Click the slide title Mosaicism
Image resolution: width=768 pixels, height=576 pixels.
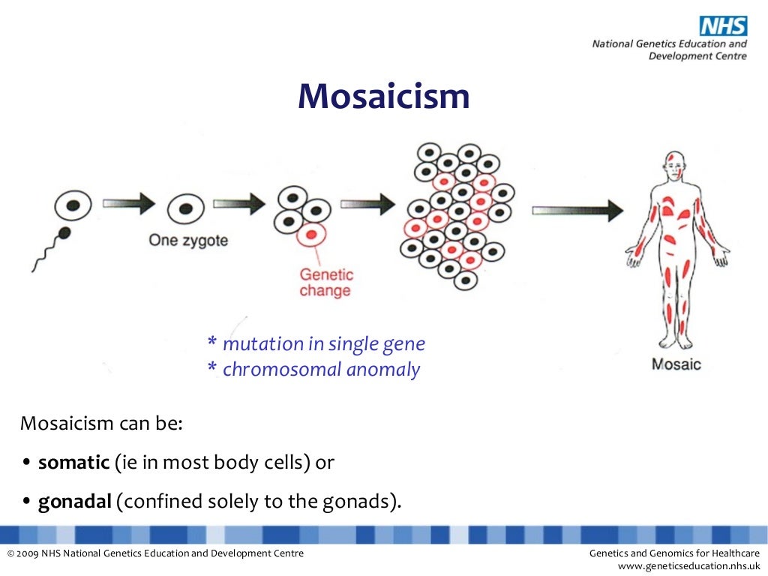(383, 96)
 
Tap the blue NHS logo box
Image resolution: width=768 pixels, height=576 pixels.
(723, 26)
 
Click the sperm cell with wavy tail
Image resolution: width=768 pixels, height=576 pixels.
(64, 233)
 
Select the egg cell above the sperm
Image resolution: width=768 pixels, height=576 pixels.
(73, 204)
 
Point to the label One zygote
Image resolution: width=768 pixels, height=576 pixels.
(188, 241)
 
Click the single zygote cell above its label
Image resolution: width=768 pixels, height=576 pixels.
(185, 208)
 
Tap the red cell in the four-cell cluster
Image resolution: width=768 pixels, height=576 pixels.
(310, 236)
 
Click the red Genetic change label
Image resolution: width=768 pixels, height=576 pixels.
(325, 283)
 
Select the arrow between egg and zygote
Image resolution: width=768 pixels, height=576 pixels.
(128, 202)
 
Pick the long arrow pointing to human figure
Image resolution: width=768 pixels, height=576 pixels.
(577, 210)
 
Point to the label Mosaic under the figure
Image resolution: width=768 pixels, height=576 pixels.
(676, 364)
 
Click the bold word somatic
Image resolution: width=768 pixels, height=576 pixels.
(73, 463)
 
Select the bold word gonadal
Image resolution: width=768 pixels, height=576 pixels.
(75, 502)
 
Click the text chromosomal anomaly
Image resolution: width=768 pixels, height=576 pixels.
(321, 370)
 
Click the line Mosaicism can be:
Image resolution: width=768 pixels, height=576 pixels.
(101, 424)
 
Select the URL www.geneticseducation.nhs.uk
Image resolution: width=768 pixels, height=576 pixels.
(688, 566)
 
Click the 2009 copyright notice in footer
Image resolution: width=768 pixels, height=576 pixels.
(155, 553)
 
